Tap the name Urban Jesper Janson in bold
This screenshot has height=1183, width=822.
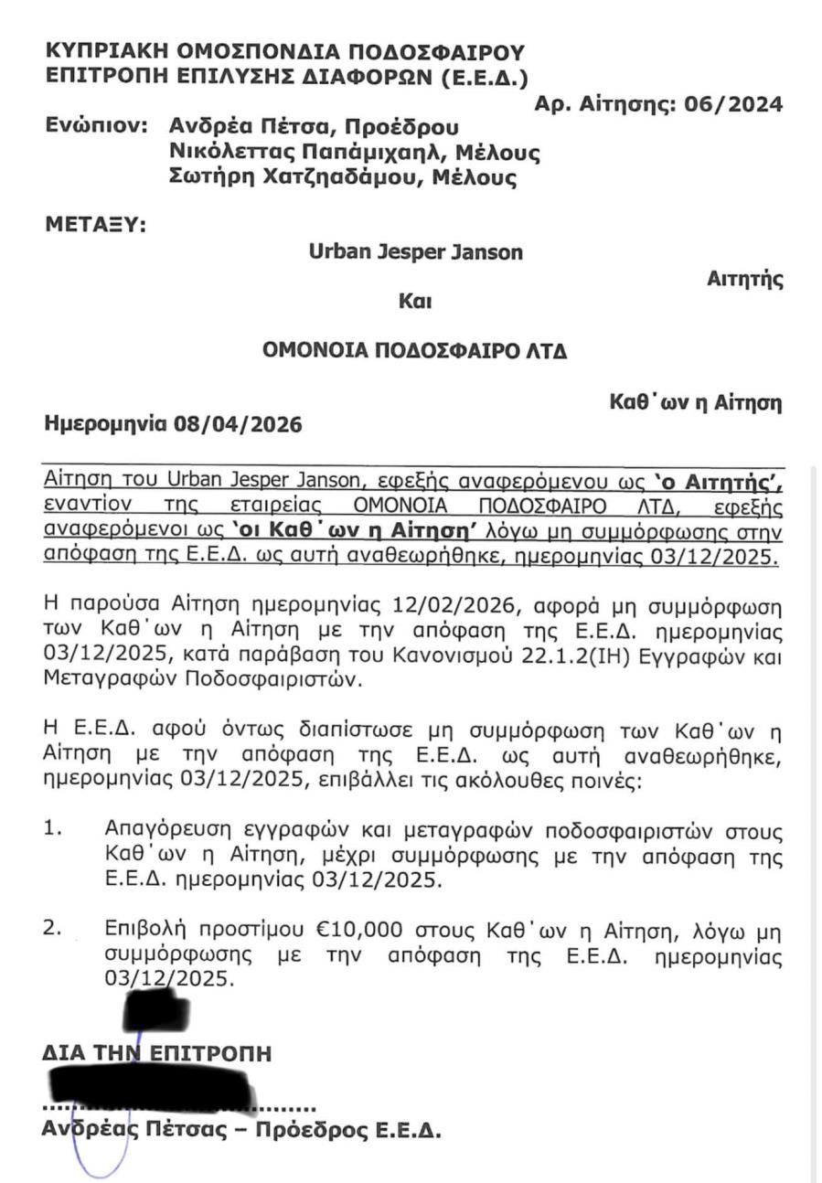point(416,251)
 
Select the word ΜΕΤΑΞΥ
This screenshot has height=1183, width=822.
point(95,223)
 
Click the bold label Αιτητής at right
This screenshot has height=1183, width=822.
point(744,280)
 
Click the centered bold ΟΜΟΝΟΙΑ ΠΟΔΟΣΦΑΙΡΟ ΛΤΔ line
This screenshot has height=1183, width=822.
point(414,350)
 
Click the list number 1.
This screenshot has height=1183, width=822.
point(52,830)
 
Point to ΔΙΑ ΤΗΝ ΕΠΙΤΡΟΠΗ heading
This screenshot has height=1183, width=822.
point(156,1053)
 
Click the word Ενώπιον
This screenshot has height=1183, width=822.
point(96,125)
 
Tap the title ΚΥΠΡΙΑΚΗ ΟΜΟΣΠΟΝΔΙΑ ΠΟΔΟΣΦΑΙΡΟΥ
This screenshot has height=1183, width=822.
point(284,51)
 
